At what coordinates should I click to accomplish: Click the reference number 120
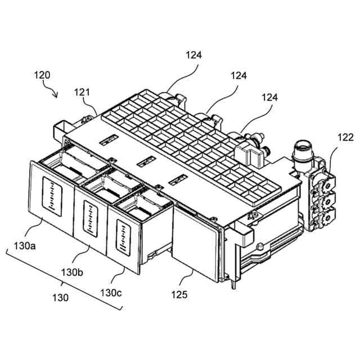click(42, 75)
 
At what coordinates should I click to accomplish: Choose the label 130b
click(72, 272)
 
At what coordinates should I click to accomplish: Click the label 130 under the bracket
click(60, 298)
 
